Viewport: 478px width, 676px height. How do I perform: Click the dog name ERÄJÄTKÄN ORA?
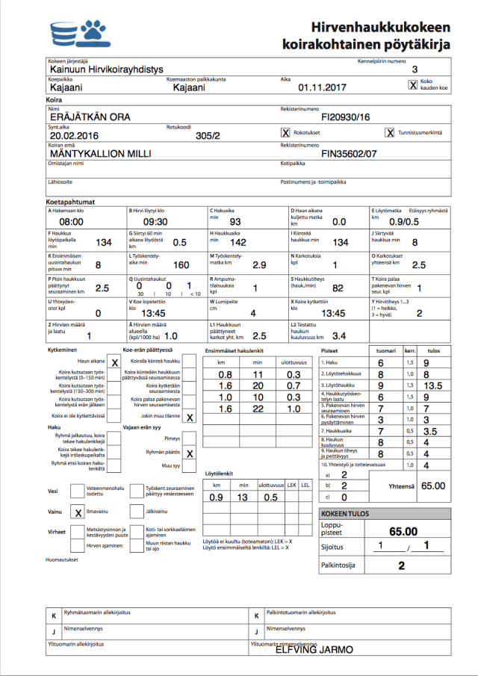click(x=90, y=117)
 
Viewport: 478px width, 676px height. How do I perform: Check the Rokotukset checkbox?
click(x=285, y=133)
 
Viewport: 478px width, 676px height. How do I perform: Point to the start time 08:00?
click(x=71, y=222)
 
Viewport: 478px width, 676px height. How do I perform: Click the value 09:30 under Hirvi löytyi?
click(x=155, y=222)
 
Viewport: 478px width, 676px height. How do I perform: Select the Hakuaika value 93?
click(x=235, y=222)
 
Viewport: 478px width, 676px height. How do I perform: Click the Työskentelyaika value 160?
click(x=181, y=265)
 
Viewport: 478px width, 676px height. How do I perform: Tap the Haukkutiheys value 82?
click(x=338, y=288)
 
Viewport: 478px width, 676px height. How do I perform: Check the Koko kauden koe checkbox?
click(x=413, y=84)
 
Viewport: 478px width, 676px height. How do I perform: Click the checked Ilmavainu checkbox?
click(x=78, y=512)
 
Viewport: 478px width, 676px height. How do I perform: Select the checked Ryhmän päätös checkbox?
click(x=190, y=453)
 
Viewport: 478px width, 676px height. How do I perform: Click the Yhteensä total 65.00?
click(x=432, y=486)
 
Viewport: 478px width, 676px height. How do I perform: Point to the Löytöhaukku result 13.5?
click(x=432, y=385)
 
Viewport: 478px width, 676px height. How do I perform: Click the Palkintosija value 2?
click(x=401, y=565)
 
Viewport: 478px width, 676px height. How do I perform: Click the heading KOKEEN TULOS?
click(x=344, y=514)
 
